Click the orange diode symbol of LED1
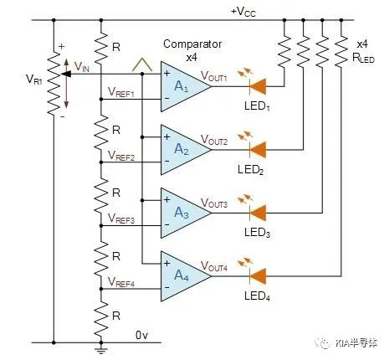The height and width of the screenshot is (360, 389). [x=258, y=86]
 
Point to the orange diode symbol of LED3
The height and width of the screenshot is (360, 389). [x=258, y=213]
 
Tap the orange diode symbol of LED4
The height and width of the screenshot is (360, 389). [x=258, y=276]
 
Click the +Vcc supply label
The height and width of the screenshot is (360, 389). [x=243, y=13]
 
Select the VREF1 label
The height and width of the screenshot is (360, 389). [x=121, y=92]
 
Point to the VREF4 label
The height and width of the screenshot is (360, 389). [x=121, y=282]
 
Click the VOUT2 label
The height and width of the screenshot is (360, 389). [x=214, y=140]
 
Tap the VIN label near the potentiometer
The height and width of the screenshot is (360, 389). [x=82, y=67]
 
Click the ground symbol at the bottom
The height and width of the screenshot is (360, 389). [x=101, y=350]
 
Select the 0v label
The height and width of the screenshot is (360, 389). [x=141, y=335]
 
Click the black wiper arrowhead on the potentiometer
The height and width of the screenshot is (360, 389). [x=65, y=74]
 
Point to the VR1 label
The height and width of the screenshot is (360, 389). [x=34, y=80]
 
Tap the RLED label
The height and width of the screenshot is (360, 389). [x=363, y=58]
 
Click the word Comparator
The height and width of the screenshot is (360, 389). [x=192, y=44]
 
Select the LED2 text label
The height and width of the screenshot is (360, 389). [x=251, y=170]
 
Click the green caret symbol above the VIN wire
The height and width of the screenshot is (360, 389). [x=142, y=64]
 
